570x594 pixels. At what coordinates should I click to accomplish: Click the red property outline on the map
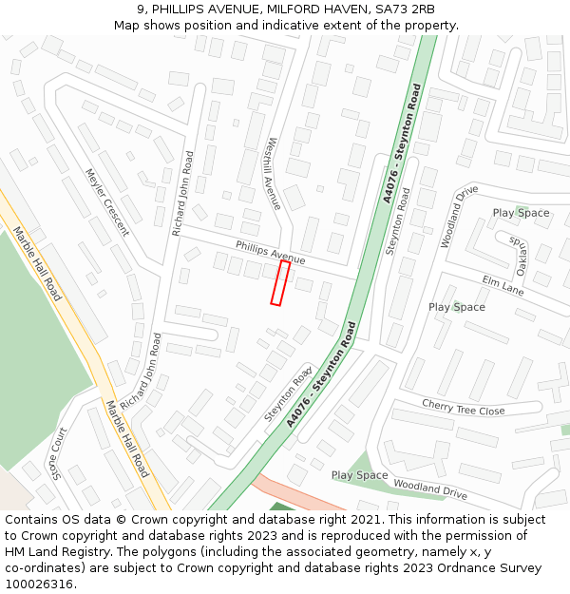coord(280,283)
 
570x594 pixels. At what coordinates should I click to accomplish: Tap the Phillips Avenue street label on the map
coord(271,253)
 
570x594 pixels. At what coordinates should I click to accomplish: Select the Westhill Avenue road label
coord(273,174)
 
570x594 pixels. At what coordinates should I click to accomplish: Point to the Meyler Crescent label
coord(106,202)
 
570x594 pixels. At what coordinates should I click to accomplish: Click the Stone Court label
coord(59,453)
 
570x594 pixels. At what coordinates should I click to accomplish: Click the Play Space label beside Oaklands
coord(521,213)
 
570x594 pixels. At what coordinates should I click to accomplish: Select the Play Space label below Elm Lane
coord(456,307)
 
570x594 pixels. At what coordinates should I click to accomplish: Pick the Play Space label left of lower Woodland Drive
coord(359,475)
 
